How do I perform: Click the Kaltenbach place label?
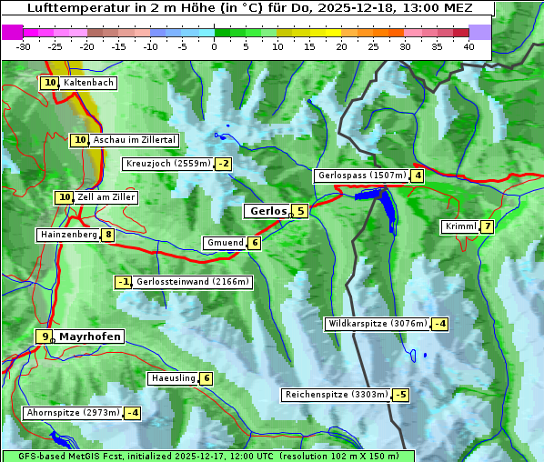click(x=88, y=83)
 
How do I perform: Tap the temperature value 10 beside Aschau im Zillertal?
click(x=80, y=140)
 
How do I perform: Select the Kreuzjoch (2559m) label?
click(x=167, y=165)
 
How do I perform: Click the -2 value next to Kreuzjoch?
click(x=223, y=165)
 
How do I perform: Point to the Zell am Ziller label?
click(x=106, y=197)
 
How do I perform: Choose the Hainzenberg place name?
click(x=68, y=235)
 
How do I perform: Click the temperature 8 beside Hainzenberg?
click(x=108, y=235)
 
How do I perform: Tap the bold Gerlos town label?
click(x=268, y=211)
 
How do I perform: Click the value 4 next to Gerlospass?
click(x=418, y=176)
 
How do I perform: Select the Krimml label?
click(x=460, y=226)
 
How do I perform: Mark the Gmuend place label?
click(x=225, y=243)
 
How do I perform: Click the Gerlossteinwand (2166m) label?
click(x=192, y=282)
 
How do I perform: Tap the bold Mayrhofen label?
click(x=90, y=336)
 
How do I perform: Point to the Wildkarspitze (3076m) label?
click(x=377, y=324)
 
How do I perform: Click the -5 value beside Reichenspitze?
click(x=400, y=395)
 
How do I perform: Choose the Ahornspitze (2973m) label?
click(x=73, y=413)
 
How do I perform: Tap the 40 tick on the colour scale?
click(x=468, y=45)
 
